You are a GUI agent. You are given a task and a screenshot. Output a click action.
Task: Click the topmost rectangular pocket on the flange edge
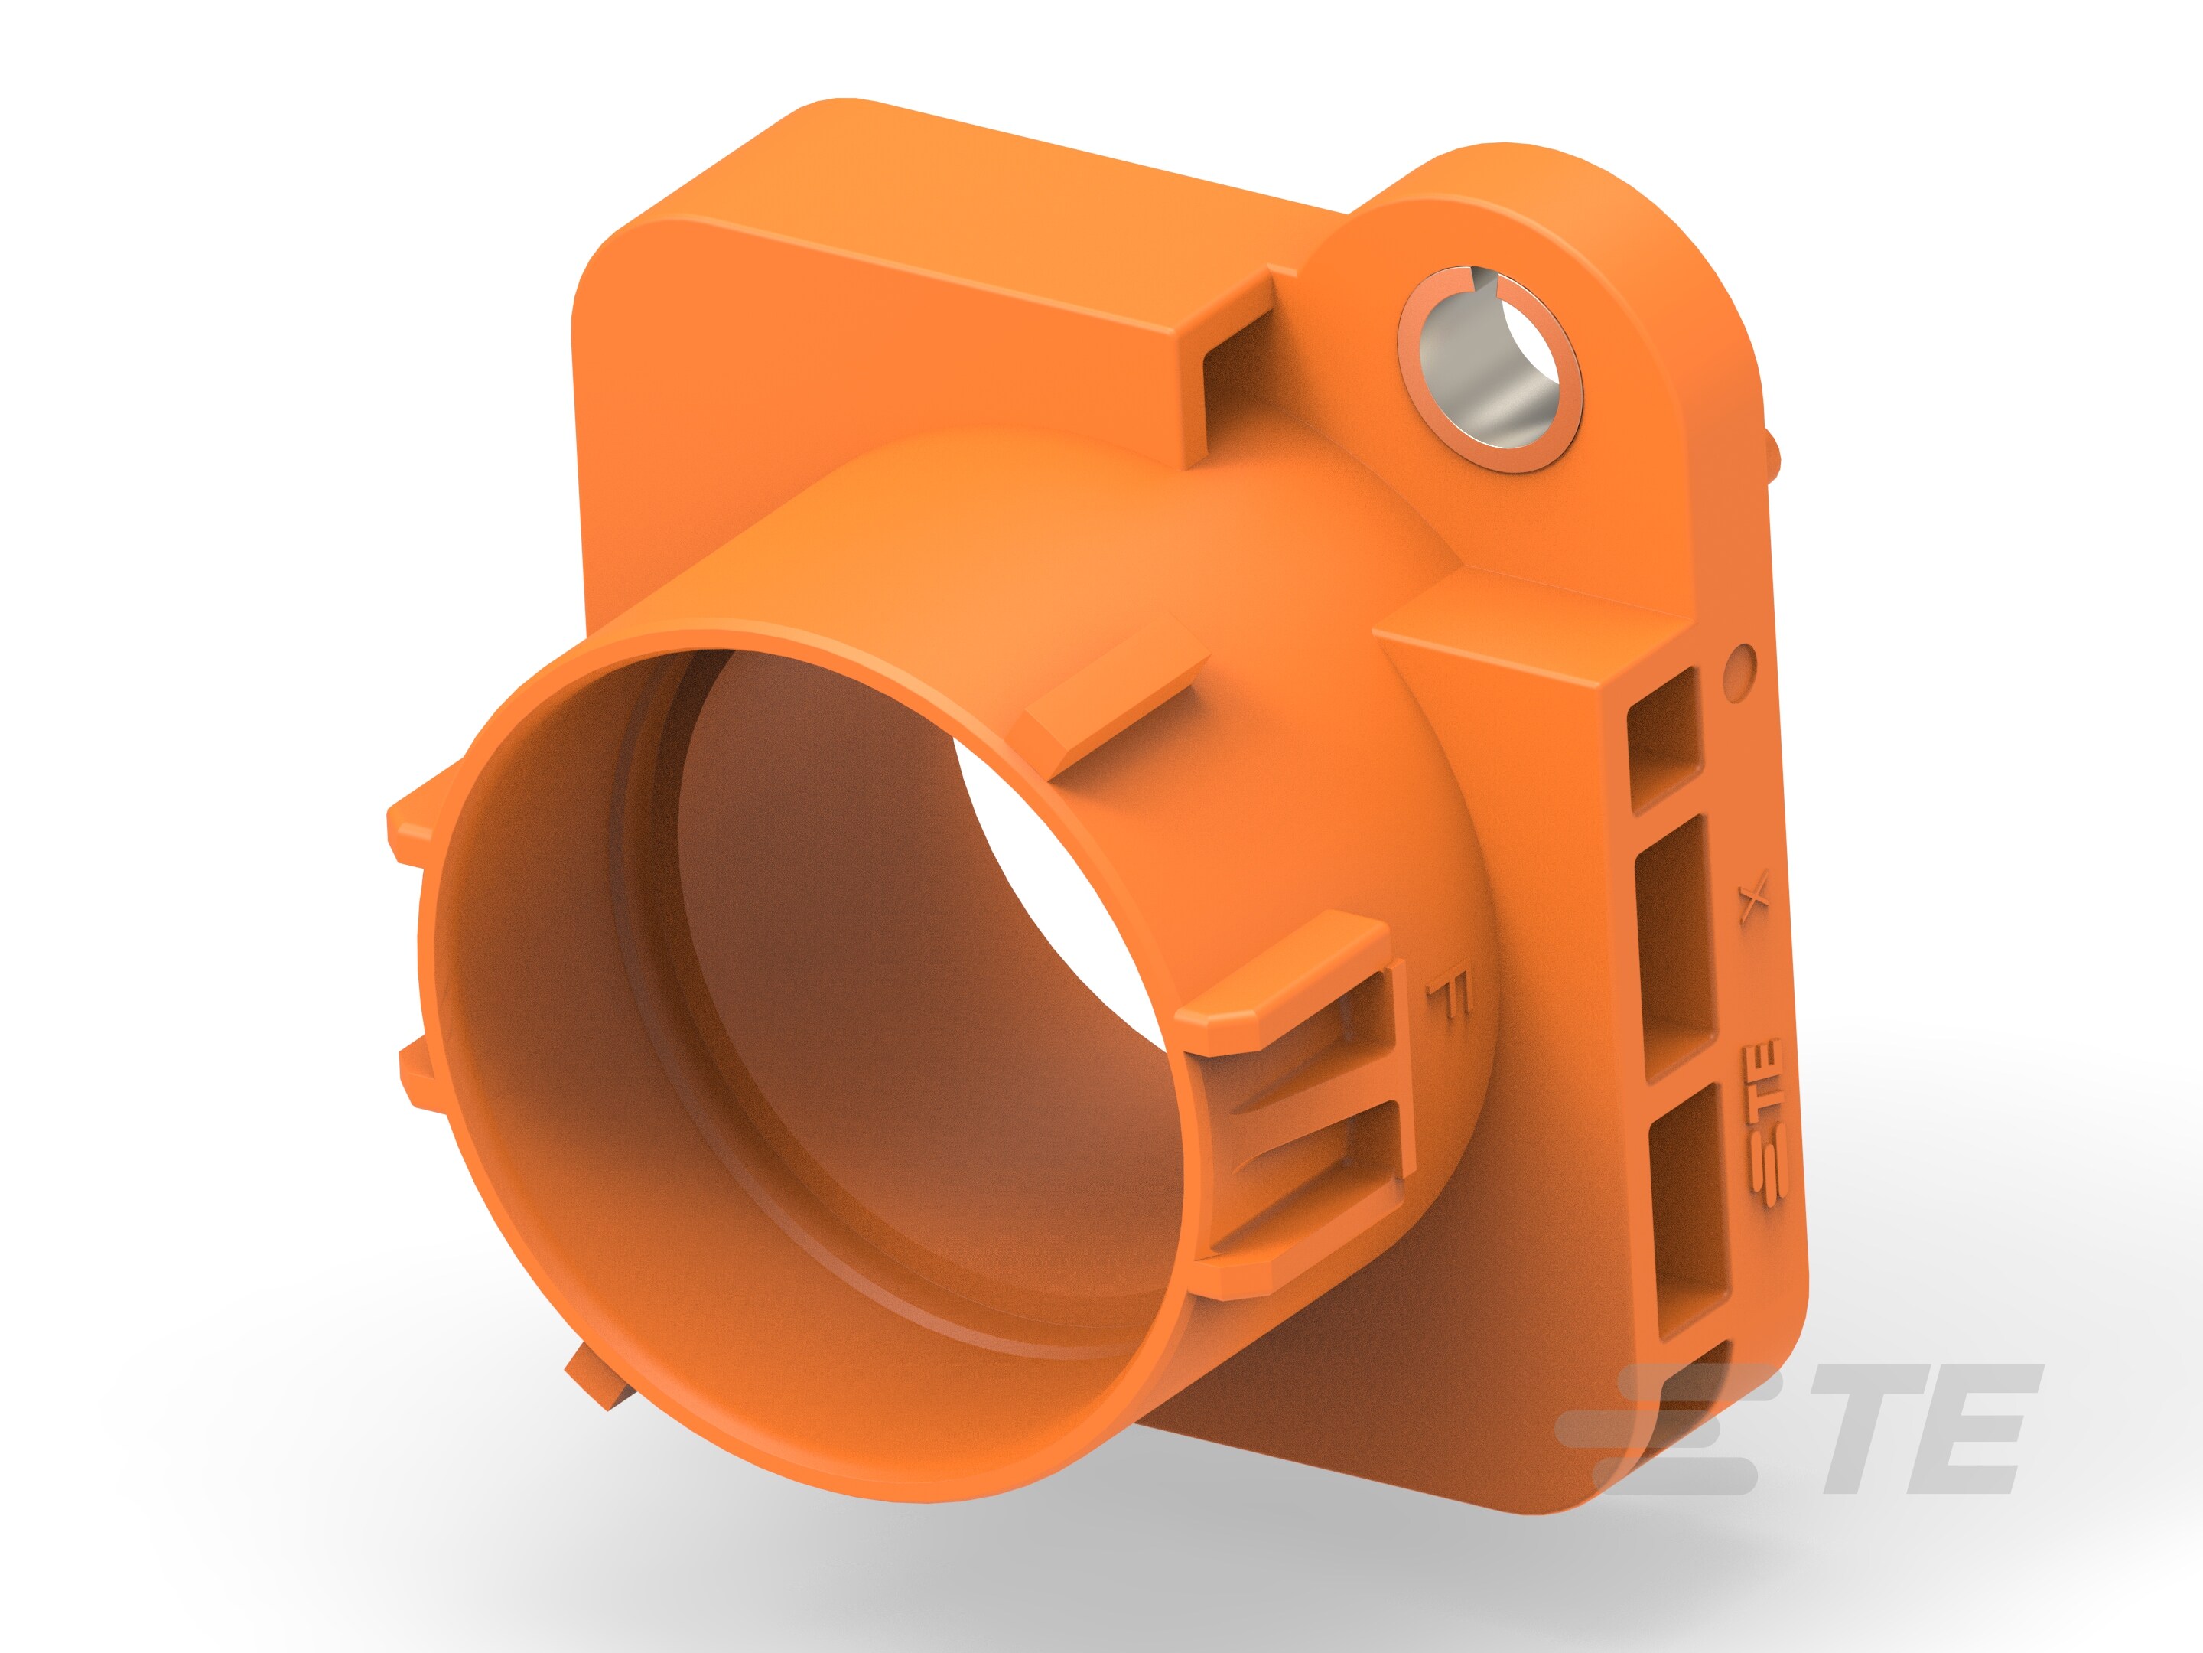pyautogui.click(x=1666, y=737)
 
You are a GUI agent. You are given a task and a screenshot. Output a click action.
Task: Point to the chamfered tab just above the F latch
pyautogui.click(x=1285, y=986)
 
